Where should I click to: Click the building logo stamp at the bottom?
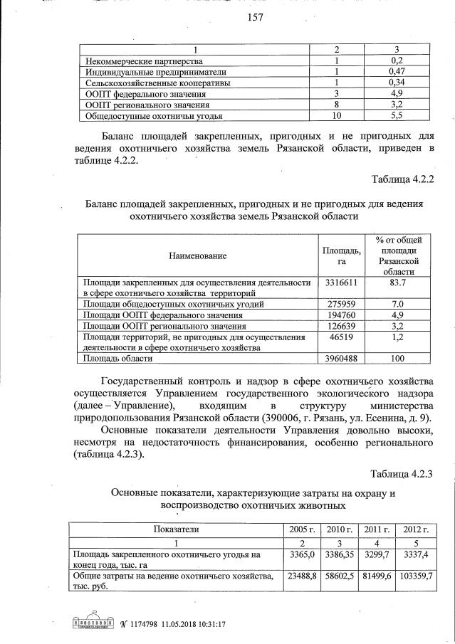click(x=94, y=622)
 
